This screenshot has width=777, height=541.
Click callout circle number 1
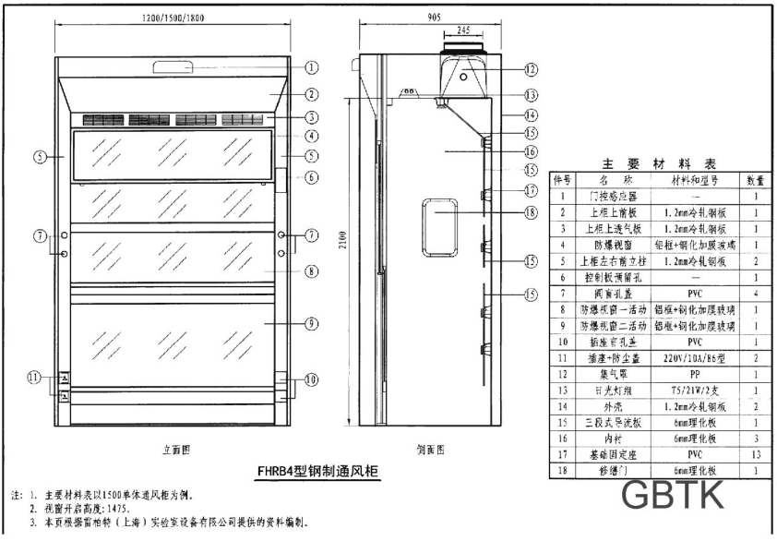point(312,67)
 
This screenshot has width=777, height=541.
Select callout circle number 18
point(531,212)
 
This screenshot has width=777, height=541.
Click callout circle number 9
point(312,323)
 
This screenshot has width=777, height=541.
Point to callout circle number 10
point(312,379)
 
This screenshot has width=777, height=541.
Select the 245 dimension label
point(464,30)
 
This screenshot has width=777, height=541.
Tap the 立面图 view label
point(177,450)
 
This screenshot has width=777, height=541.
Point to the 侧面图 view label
point(429,450)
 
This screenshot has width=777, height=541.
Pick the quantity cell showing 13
point(756,453)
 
